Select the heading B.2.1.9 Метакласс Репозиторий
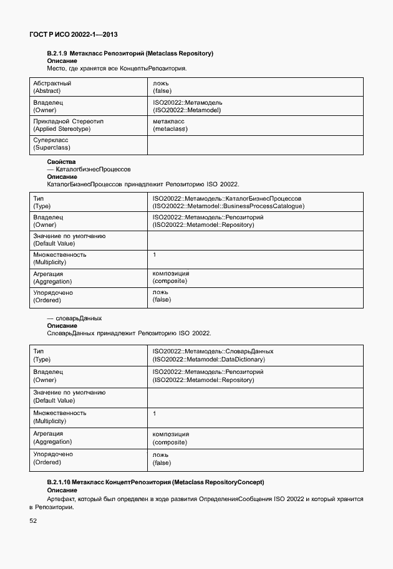click(130, 54)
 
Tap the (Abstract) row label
click(47, 91)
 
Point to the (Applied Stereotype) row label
click(61, 129)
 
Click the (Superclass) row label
click(52, 148)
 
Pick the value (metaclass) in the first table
click(170, 129)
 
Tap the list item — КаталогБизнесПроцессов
click(89, 170)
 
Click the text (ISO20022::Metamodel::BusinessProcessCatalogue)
click(228, 206)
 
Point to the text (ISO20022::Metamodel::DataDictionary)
click(209, 360)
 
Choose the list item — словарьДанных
click(74, 318)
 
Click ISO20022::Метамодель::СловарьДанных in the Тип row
click(213, 351)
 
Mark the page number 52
click(33, 521)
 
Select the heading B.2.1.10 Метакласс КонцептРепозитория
click(155, 482)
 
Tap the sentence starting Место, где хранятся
click(117, 68)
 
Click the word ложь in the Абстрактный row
click(160, 83)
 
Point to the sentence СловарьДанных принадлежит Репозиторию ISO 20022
click(129, 333)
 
